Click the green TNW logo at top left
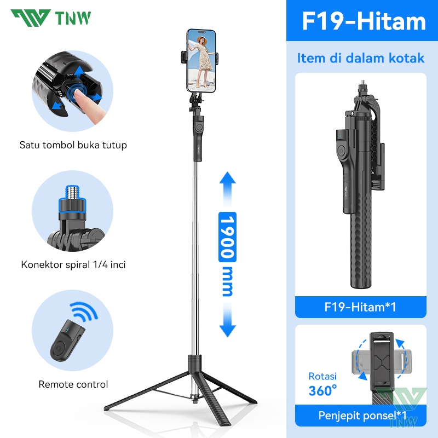(x=50, y=18)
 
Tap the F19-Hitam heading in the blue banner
(x=364, y=21)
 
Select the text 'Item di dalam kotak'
(x=361, y=58)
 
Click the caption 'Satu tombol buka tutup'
(x=73, y=145)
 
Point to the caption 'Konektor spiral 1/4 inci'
(x=73, y=264)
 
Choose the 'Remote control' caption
(x=73, y=384)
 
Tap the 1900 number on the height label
(x=227, y=237)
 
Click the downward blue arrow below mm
(x=227, y=321)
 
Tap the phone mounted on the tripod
(x=201, y=61)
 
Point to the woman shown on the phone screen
(x=203, y=61)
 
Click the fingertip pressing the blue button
(x=81, y=94)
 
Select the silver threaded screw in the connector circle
(x=72, y=193)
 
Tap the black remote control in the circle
(x=67, y=341)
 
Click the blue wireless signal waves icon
(x=84, y=310)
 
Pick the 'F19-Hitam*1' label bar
(x=360, y=307)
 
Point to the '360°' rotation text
(x=322, y=390)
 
